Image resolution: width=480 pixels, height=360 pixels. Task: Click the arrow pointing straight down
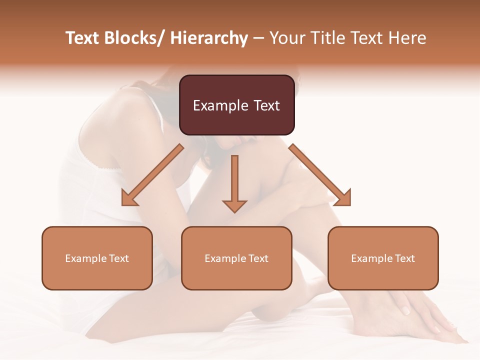pos(234,182)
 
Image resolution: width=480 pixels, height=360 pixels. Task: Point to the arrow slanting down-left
pos(152,175)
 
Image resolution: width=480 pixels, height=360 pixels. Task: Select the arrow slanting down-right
pos(320,175)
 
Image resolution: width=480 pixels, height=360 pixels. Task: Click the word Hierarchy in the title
pos(209,38)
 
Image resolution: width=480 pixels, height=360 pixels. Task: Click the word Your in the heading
pos(287,38)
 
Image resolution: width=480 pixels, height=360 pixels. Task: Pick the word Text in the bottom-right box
pos(404,258)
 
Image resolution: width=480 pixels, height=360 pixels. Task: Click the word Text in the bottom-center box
pos(258,258)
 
